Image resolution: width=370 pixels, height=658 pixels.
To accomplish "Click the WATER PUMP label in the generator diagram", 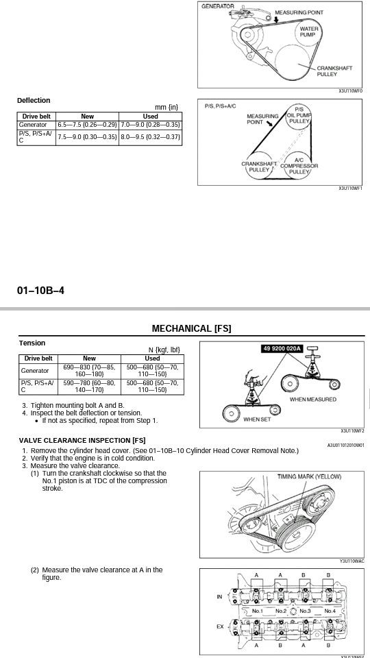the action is point(309,32).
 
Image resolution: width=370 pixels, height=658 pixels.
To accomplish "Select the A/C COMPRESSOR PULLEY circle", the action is point(299,166).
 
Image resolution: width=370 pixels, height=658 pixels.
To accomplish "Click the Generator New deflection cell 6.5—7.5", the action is point(87,125).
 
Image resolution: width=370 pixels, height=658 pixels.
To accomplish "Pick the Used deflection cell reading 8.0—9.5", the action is point(151,137).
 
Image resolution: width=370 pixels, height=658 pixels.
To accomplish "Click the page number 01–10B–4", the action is point(40,290).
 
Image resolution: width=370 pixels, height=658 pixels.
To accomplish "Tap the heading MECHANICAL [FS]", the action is point(191,328).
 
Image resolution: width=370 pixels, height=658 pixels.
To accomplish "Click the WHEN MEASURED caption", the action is point(313,400).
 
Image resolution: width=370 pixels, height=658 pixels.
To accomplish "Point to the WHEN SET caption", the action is point(257,419).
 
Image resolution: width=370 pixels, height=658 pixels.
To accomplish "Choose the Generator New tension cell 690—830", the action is point(89,371).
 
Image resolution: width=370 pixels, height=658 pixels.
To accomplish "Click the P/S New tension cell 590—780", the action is point(89,386).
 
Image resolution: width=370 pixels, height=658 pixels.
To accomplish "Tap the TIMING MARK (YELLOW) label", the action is point(310,477).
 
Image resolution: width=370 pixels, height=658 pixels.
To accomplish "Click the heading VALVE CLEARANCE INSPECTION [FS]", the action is point(82,440).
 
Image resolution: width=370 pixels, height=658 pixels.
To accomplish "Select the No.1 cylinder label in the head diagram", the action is point(257,611).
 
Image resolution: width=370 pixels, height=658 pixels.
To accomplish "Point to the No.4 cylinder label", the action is point(330,611).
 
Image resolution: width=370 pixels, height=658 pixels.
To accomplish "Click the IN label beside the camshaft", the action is point(219,597).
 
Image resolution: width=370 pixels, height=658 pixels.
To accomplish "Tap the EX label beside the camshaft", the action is point(220,626).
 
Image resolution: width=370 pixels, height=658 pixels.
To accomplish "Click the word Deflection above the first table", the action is point(34,100).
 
